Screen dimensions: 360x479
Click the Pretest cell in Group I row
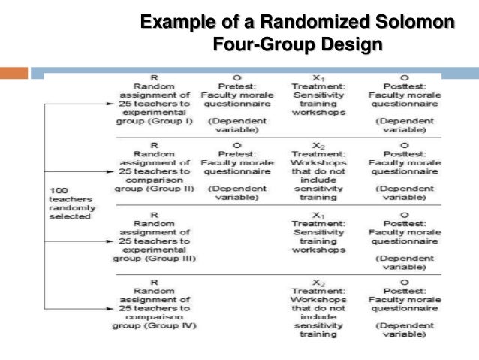pos(236,104)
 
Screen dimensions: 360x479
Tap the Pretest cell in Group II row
pos(236,174)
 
